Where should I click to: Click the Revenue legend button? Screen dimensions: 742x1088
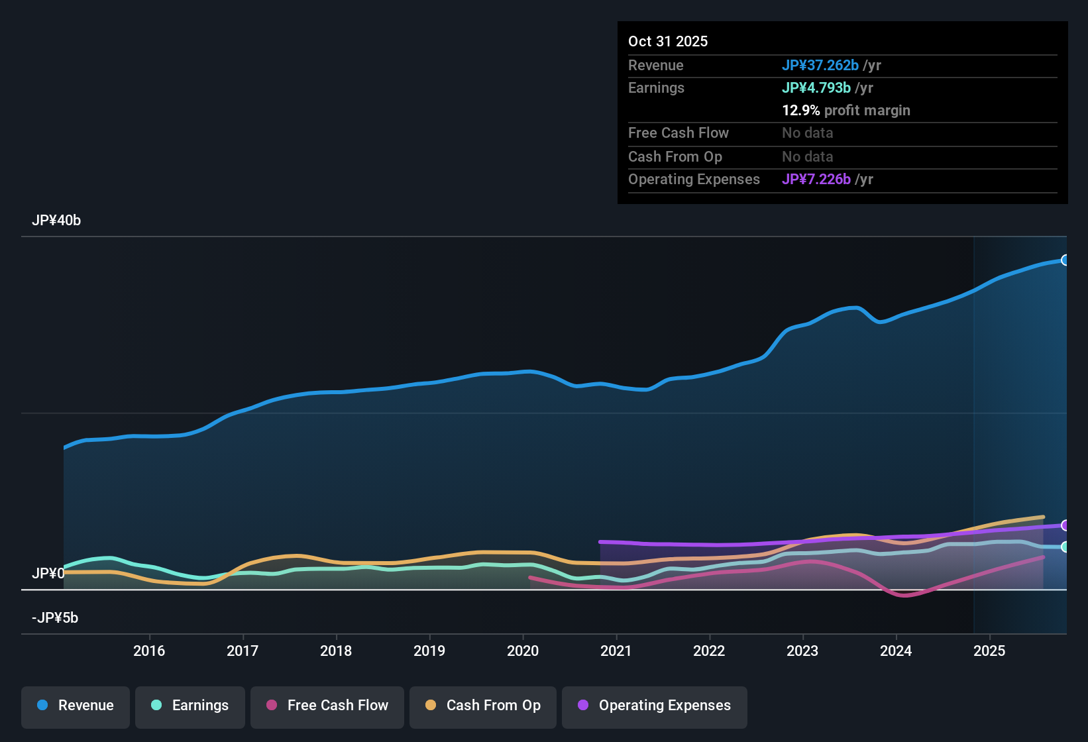76,706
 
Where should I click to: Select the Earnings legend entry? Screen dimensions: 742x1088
190,706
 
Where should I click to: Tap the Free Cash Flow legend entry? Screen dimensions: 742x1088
327,706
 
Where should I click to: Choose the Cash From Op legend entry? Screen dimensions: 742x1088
483,706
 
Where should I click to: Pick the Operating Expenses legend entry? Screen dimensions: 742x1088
655,706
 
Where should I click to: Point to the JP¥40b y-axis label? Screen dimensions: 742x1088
56,221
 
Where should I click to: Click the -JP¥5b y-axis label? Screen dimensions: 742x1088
55,618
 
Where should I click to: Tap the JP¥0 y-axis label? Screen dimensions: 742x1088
48,574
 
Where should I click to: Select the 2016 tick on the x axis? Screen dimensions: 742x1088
149,651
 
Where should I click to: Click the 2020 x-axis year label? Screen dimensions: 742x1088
523,651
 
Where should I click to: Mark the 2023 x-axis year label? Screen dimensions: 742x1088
802,651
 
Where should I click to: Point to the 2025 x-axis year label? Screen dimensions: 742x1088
989,651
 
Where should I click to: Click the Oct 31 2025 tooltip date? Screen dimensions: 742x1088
668,41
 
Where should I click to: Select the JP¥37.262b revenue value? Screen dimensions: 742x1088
820,65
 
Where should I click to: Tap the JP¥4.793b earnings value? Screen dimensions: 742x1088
816,87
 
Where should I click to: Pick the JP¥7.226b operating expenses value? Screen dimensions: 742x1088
816,179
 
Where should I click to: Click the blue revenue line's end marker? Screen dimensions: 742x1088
1065,260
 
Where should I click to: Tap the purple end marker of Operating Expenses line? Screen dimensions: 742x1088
1065,525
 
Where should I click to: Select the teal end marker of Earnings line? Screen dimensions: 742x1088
1065,547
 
